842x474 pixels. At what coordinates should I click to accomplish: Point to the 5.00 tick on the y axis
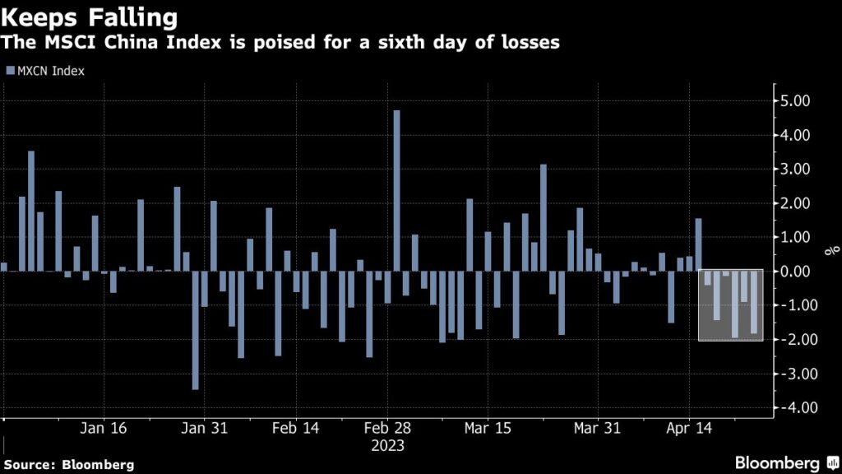(x=795, y=101)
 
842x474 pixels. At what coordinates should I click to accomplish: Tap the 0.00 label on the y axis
(x=795, y=272)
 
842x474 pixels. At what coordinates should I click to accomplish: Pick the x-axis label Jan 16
(x=105, y=429)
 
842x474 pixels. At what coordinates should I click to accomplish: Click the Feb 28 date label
(x=387, y=429)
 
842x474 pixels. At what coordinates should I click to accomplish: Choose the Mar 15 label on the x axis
(x=488, y=429)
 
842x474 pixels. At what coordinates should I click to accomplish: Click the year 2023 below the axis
(x=387, y=445)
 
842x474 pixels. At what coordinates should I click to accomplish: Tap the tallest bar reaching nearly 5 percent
(x=396, y=190)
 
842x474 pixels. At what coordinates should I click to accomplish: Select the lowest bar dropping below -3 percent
(x=195, y=329)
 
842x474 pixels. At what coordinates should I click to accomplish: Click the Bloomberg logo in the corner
(x=778, y=462)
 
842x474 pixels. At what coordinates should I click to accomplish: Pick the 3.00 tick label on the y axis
(x=795, y=170)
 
